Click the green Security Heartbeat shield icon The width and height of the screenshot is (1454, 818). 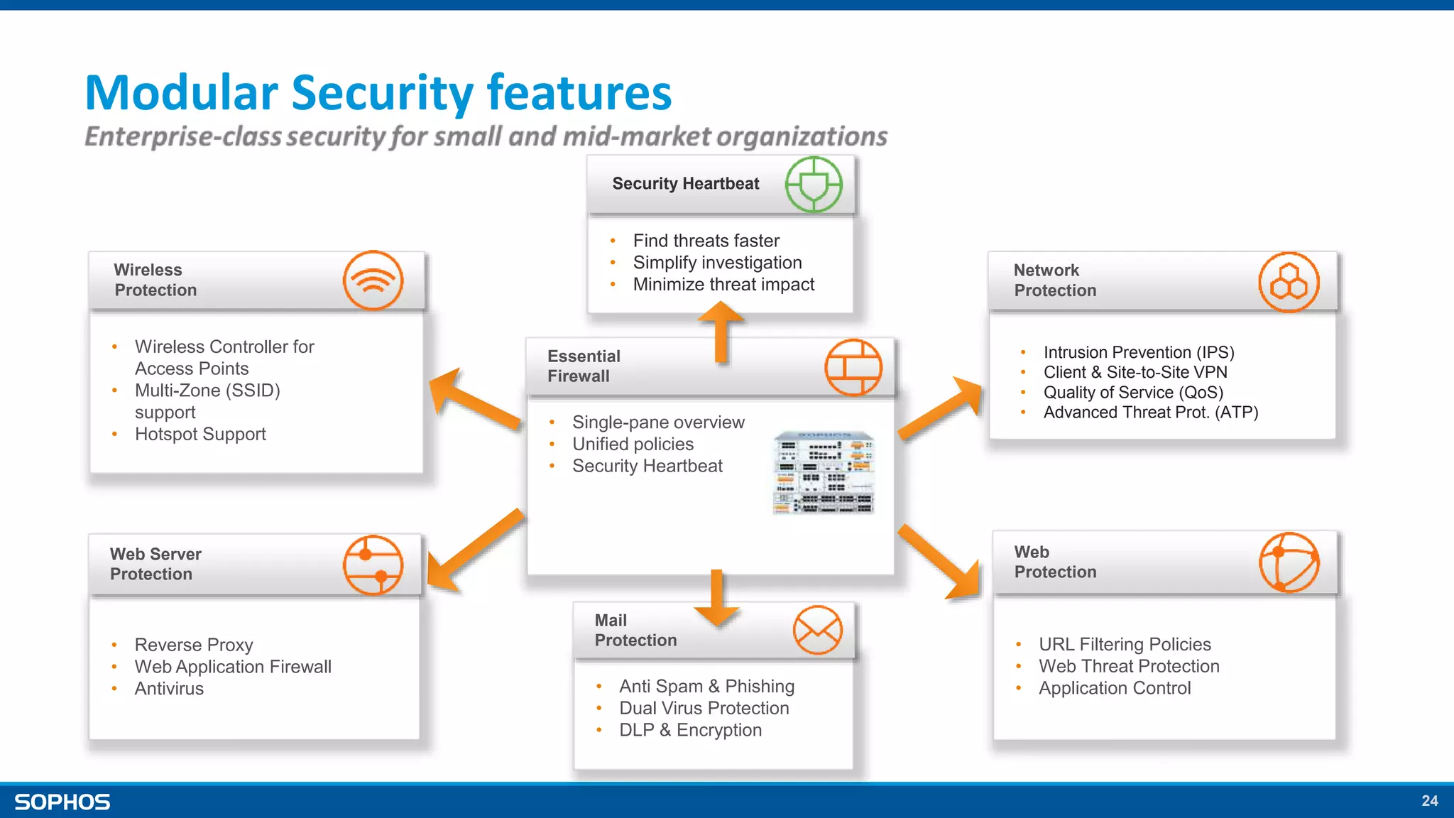(814, 185)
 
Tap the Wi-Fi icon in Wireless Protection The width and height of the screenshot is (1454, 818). (373, 280)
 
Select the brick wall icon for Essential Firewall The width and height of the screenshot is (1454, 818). (853, 367)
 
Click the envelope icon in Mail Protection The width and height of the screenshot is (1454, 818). (818, 631)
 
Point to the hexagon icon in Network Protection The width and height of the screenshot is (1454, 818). (1289, 282)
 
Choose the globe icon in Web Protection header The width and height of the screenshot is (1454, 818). (1289, 562)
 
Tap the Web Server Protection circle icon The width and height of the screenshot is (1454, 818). (373, 565)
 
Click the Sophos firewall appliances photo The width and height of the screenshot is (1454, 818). (824, 472)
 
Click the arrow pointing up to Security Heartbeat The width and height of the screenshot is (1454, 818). (721, 330)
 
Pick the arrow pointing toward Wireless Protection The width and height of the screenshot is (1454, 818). (472, 401)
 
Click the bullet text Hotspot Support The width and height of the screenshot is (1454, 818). (200, 434)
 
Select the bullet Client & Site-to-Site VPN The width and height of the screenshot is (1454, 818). (1135, 372)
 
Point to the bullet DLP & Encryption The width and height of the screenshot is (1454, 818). (690, 730)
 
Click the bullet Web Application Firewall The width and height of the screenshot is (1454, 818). (233, 667)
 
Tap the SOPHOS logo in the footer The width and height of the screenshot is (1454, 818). (62, 802)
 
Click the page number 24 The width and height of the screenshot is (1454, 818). (1429, 801)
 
